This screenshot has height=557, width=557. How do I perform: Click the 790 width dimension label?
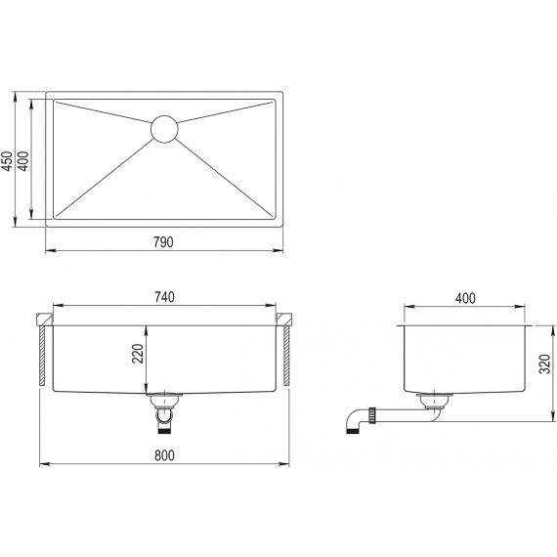[x=163, y=242]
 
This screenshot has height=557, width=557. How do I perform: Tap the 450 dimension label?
[x=7, y=161]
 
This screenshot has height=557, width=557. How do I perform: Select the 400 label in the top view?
[x=23, y=161]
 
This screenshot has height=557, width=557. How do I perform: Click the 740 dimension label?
[x=164, y=297]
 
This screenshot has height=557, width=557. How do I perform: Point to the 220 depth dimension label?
[x=138, y=354]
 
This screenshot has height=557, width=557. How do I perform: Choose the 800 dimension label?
[x=164, y=455]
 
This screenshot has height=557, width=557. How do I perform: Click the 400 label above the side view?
[x=465, y=298]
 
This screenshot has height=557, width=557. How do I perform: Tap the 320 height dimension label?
[x=544, y=364]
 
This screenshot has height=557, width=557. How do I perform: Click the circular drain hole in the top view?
[x=164, y=129]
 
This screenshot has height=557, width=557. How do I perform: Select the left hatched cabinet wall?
[x=42, y=356]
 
